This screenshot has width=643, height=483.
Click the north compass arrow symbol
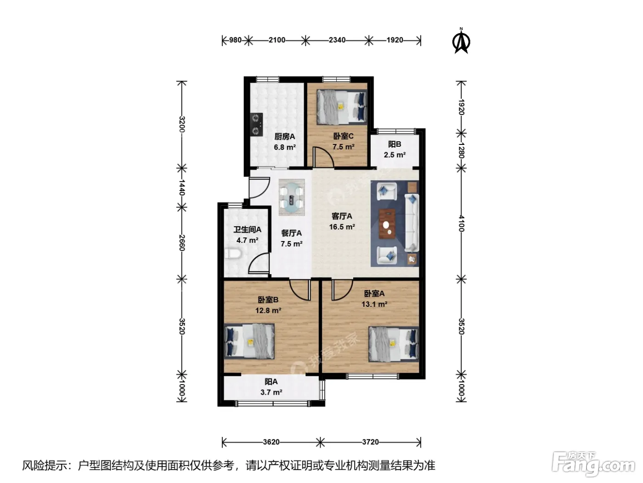coord(461,42)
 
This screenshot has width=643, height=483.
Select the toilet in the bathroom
coord(233,253)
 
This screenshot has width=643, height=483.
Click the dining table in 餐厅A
coord(292,197)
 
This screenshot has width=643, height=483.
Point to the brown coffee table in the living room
coord(387,224)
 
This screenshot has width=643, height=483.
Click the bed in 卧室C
coord(342,106)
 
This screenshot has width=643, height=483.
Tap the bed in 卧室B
coord(249,341)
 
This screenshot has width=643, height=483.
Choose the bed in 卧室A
coord(394,344)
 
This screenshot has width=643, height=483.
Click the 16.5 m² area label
coord(342,227)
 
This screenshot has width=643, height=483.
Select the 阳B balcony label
coord(395,144)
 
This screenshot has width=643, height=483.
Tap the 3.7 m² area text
coord(271,392)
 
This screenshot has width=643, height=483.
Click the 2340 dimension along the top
coord(337,40)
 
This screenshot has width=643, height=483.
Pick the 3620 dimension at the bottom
coord(271,442)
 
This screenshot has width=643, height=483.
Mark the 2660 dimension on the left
coord(181,242)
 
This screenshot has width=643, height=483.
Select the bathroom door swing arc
coord(259,263)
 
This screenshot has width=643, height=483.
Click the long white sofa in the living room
coord(412,223)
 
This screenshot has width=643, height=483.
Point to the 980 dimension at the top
coord(235,40)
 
